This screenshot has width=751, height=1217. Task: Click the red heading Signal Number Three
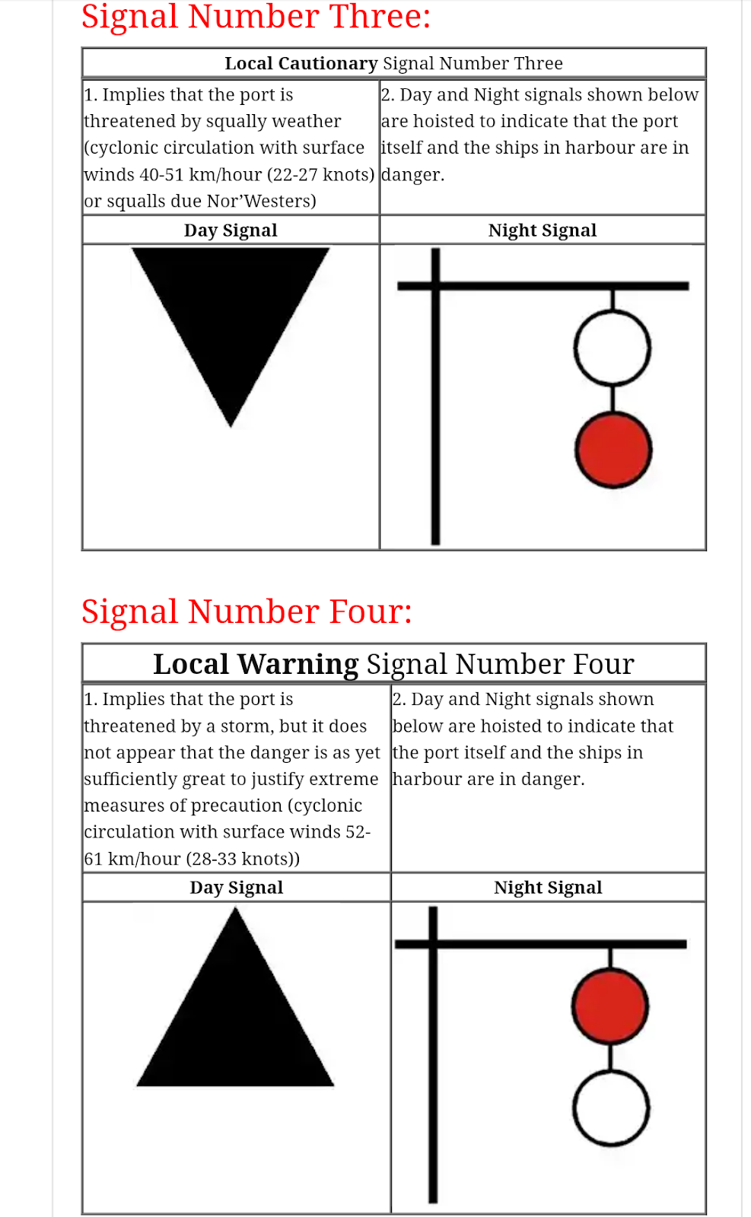(256, 17)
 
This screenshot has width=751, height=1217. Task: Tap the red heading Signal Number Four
(247, 612)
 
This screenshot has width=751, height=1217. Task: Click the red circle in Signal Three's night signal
(613, 450)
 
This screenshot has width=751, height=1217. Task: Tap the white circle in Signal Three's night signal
(613, 348)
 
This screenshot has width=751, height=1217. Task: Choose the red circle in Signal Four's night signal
(610, 1006)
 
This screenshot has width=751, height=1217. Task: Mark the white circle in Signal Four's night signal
(610, 1108)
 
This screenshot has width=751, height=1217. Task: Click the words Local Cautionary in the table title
(301, 63)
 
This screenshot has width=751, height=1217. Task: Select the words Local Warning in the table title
(256, 664)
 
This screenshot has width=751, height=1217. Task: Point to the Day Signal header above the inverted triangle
(231, 230)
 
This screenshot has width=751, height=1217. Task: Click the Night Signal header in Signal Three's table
(543, 230)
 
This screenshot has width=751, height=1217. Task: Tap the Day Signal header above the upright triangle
(236, 888)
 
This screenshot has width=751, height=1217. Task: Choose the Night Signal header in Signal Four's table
(548, 888)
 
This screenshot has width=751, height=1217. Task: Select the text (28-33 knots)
(243, 860)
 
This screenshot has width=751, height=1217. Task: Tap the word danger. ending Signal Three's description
(412, 175)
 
